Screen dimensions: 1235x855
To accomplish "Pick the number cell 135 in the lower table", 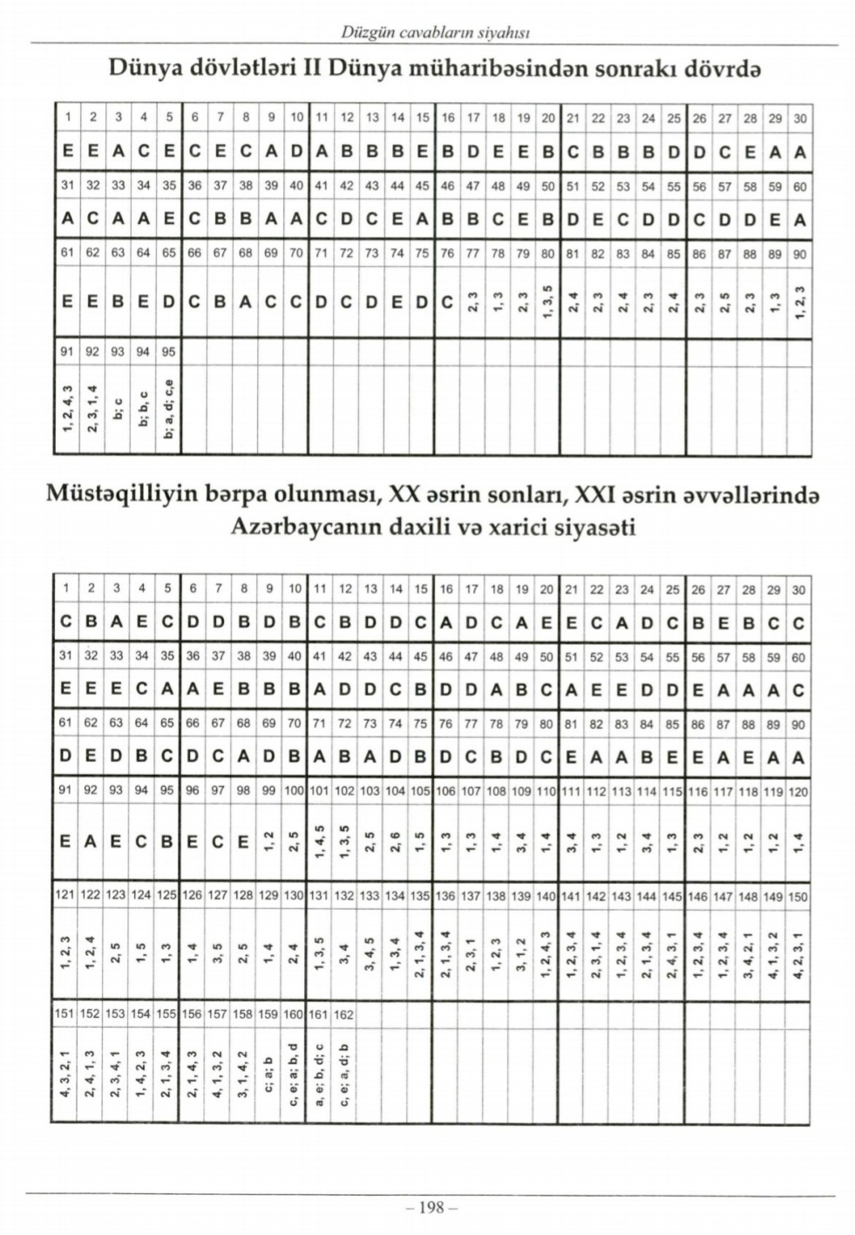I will click(420, 896).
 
